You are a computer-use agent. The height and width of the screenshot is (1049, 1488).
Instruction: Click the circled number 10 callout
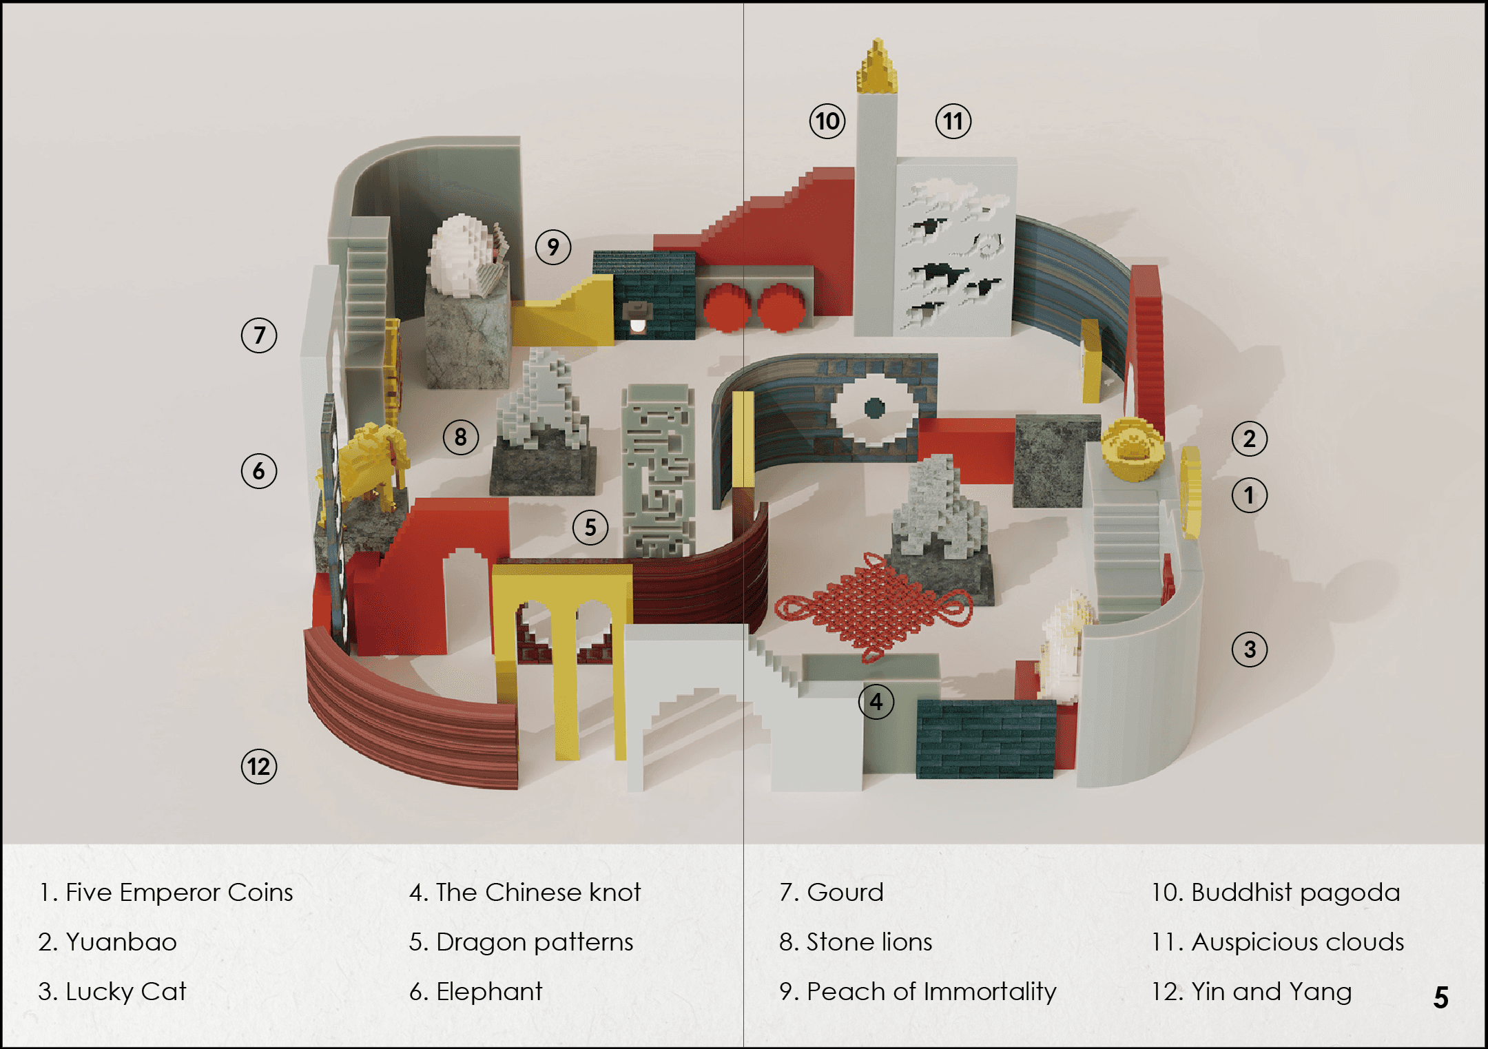[x=827, y=121]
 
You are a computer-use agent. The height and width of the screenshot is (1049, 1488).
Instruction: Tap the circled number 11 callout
[x=953, y=121]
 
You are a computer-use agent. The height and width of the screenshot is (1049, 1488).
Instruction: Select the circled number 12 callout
[x=259, y=767]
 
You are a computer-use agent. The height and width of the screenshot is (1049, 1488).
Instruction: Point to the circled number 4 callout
[x=876, y=701]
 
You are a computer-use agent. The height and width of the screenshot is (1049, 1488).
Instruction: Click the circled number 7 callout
[x=259, y=335]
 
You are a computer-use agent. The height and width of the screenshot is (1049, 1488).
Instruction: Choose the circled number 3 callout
[x=1250, y=649]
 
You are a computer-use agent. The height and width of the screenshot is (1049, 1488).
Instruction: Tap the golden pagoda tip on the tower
[x=876, y=67]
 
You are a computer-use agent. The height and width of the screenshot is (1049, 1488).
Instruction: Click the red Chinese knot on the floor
[x=874, y=606]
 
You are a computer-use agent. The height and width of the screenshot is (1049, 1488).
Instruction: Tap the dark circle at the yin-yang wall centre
[x=874, y=408]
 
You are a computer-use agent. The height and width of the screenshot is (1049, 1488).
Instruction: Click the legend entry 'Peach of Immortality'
[x=918, y=991]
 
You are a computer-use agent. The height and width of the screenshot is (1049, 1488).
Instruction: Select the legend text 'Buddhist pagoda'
[x=1276, y=893]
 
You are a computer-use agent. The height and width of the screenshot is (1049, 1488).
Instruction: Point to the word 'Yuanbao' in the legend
[x=121, y=942]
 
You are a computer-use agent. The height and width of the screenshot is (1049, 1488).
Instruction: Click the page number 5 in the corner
[x=1441, y=997]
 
